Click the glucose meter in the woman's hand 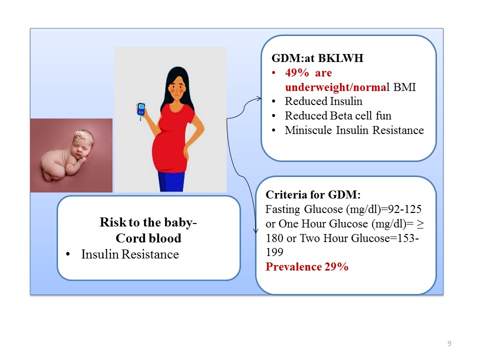[x=141, y=111]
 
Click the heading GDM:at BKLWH [x=317, y=58]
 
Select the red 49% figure [x=297, y=73]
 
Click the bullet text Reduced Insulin [x=323, y=101]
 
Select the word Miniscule [x=308, y=130]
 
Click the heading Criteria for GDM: [x=313, y=194]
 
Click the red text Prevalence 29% [x=307, y=266]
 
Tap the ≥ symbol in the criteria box [x=420, y=224]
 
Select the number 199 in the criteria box [x=274, y=252]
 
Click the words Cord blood [x=148, y=238]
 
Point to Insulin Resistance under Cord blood [x=130, y=254]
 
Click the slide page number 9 [x=449, y=343]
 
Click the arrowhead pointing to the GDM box [x=259, y=98]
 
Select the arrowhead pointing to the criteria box [x=256, y=231]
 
